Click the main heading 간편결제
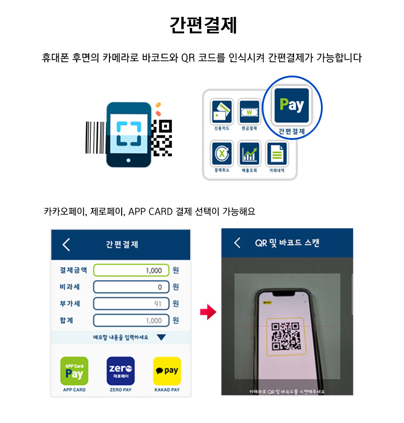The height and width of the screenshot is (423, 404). coord(203,25)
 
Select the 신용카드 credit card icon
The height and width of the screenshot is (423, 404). coord(222,112)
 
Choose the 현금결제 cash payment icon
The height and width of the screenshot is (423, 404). coord(249,112)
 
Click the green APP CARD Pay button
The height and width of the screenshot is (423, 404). coord(74,371)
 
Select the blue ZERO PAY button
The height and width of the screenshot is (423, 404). coord(121,371)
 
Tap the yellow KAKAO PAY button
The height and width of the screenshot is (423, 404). coord(167,371)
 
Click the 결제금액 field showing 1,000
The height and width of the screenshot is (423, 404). coord(131,270)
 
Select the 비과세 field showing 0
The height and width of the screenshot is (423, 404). coord(131,287)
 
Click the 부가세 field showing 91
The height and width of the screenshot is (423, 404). coord(131,304)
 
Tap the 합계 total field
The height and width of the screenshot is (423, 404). coord(131,321)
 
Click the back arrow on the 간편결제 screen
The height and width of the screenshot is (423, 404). coord(66,245)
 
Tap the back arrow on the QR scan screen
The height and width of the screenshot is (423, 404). coord(237,243)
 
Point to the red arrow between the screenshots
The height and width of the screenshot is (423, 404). coord(208,312)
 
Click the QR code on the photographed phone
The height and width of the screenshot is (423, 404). coord(286,336)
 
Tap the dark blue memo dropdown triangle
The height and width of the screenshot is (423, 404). coord(161,338)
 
